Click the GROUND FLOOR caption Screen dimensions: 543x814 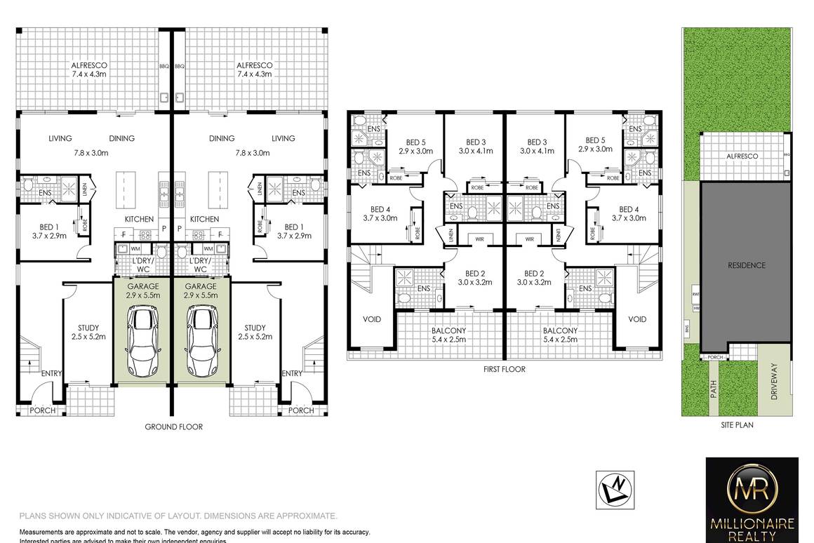[173, 427]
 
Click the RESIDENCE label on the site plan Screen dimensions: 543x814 [746, 265]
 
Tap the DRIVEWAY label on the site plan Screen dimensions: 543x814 [775, 381]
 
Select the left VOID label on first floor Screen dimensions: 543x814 [372, 319]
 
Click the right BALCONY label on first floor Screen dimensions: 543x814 [560, 330]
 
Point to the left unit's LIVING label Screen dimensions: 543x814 [60, 138]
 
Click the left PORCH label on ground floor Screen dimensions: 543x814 [42, 410]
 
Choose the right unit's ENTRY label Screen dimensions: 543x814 [291, 374]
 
